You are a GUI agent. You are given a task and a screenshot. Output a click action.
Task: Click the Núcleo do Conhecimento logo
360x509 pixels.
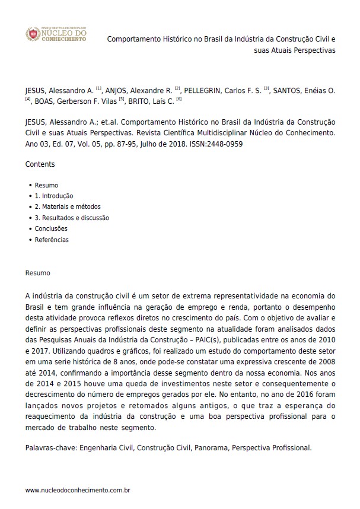pos(57,34)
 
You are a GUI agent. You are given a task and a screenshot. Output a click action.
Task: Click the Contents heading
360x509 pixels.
pos(40,164)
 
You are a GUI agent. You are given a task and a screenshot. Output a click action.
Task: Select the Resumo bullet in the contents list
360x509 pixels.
pos(46,185)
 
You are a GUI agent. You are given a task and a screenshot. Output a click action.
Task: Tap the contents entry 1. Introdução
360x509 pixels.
pos(53,196)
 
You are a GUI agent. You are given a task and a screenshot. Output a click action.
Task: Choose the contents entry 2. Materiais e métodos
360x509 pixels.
pos(68,207)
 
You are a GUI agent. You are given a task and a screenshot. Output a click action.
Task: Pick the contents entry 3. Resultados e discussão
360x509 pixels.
pos(72,218)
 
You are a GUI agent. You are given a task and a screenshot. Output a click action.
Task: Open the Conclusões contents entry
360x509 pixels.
pos(51,228)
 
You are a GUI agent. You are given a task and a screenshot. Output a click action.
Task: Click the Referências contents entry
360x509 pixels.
pos(52,240)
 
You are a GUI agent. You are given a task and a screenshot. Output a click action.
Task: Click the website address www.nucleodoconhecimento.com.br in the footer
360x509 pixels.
pos(78,490)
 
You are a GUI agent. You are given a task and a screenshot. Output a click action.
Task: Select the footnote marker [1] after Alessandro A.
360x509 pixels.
pos(98,89)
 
